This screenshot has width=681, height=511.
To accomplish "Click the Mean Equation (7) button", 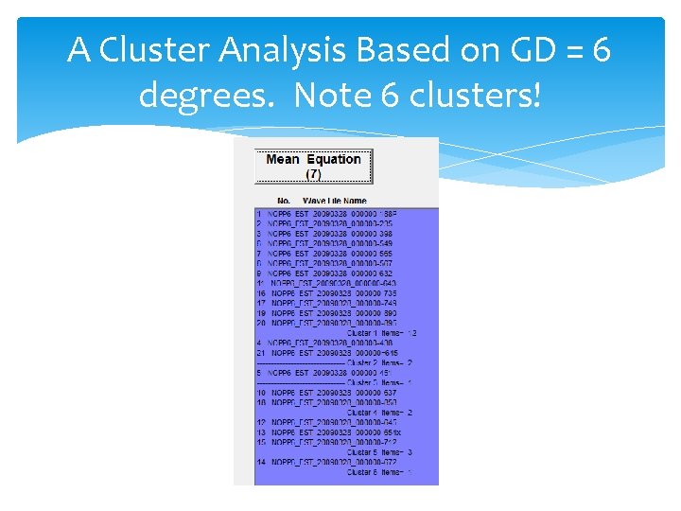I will [313, 167].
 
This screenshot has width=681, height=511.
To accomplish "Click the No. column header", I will [283, 201].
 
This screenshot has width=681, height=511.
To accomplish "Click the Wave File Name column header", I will [334, 201].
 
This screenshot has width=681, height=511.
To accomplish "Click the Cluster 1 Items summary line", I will [381, 333].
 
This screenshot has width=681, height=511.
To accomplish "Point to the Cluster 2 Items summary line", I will [379, 362].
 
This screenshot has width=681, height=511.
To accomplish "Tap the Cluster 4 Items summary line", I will [379, 412].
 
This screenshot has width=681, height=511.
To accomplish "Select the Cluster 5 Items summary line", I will [379, 451].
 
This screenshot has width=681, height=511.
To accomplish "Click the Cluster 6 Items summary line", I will [379, 471].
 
